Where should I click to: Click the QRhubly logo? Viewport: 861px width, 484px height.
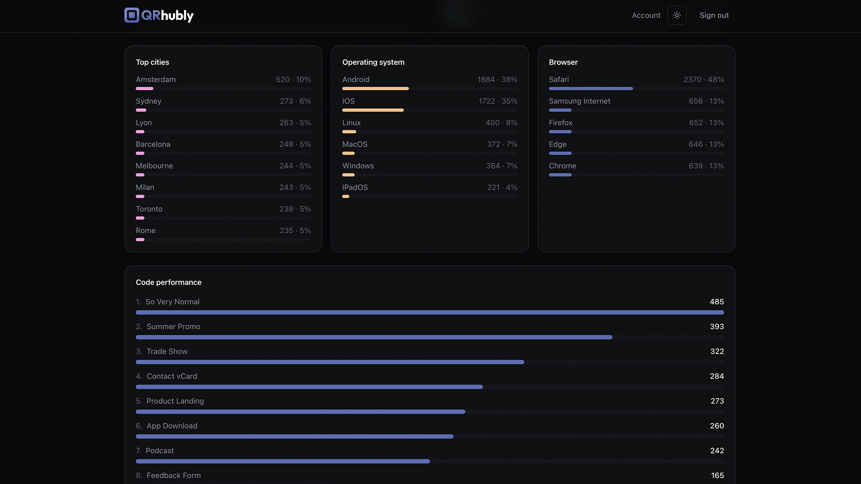click(x=159, y=15)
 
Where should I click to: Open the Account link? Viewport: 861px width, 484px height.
click(x=646, y=15)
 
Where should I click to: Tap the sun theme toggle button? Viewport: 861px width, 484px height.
click(x=677, y=15)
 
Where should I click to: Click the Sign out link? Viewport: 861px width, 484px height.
click(x=714, y=15)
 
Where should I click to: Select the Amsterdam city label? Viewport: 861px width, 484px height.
click(x=156, y=79)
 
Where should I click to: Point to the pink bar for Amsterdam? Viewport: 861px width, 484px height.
click(x=144, y=89)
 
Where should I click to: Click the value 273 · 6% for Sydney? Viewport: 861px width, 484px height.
click(x=295, y=101)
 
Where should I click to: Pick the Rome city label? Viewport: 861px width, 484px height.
click(x=146, y=230)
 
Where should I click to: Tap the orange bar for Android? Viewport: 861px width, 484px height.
click(x=375, y=89)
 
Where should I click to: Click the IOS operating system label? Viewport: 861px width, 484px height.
click(x=348, y=101)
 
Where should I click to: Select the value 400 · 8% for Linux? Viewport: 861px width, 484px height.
click(x=501, y=122)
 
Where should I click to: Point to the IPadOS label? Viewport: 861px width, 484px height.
click(x=355, y=187)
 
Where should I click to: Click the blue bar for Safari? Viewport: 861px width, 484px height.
click(x=591, y=89)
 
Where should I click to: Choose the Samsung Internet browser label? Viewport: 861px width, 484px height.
click(x=579, y=101)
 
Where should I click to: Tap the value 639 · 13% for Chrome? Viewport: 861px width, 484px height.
click(x=706, y=166)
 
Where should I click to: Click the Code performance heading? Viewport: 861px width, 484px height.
click(x=169, y=282)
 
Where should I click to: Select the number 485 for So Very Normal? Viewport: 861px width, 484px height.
click(x=717, y=302)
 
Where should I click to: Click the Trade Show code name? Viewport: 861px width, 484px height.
click(x=167, y=351)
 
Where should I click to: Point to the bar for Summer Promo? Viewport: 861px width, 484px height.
click(x=374, y=337)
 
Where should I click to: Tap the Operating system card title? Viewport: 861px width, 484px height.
click(x=373, y=62)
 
